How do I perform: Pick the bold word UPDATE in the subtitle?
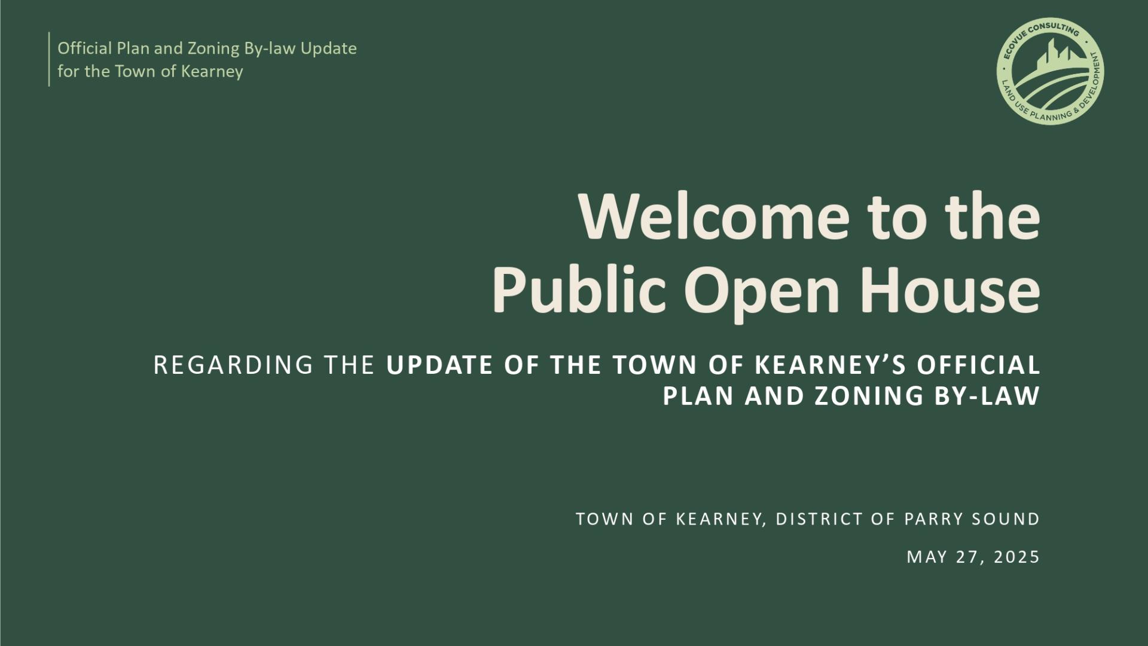(x=440, y=365)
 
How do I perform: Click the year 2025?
(x=1017, y=557)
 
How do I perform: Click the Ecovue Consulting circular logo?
(x=1050, y=71)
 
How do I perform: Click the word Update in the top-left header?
(x=328, y=49)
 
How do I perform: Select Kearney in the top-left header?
(x=212, y=72)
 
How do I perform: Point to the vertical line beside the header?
(x=49, y=59)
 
